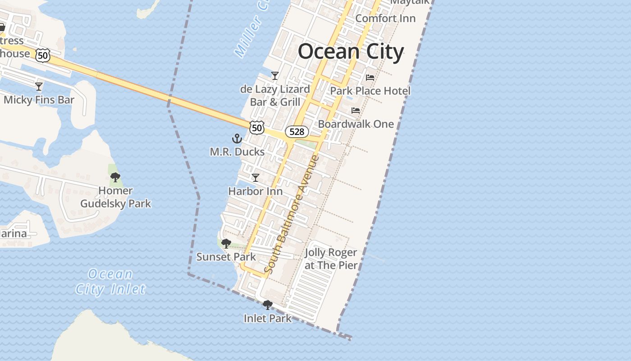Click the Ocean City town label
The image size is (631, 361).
(x=351, y=51)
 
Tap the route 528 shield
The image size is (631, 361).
(x=297, y=132)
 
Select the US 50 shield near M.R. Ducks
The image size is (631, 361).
(x=256, y=128)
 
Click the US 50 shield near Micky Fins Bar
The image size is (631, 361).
(x=42, y=56)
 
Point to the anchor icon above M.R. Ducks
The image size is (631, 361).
(x=237, y=139)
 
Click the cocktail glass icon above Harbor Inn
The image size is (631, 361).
(x=256, y=178)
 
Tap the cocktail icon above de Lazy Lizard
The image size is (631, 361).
(x=275, y=75)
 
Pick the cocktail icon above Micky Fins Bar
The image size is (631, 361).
(x=39, y=86)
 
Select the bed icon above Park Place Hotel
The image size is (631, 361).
(x=370, y=78)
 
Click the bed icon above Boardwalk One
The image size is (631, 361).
(x=356, y=111)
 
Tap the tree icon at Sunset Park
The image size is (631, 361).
(x=226, y=244)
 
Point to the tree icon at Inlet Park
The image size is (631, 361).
(x=268, y=305)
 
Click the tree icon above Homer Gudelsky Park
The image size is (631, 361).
(x=115, y=177)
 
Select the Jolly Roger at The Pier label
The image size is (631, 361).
(x=331, y=259)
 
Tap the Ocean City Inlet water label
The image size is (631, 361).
(x=110, y=282)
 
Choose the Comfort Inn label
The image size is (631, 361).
(x=385, y=19)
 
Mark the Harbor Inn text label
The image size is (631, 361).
(x=256, y=191)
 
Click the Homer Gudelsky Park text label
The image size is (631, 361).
(x=115, y=197)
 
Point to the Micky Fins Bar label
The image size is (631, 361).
(x=39, y=100)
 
